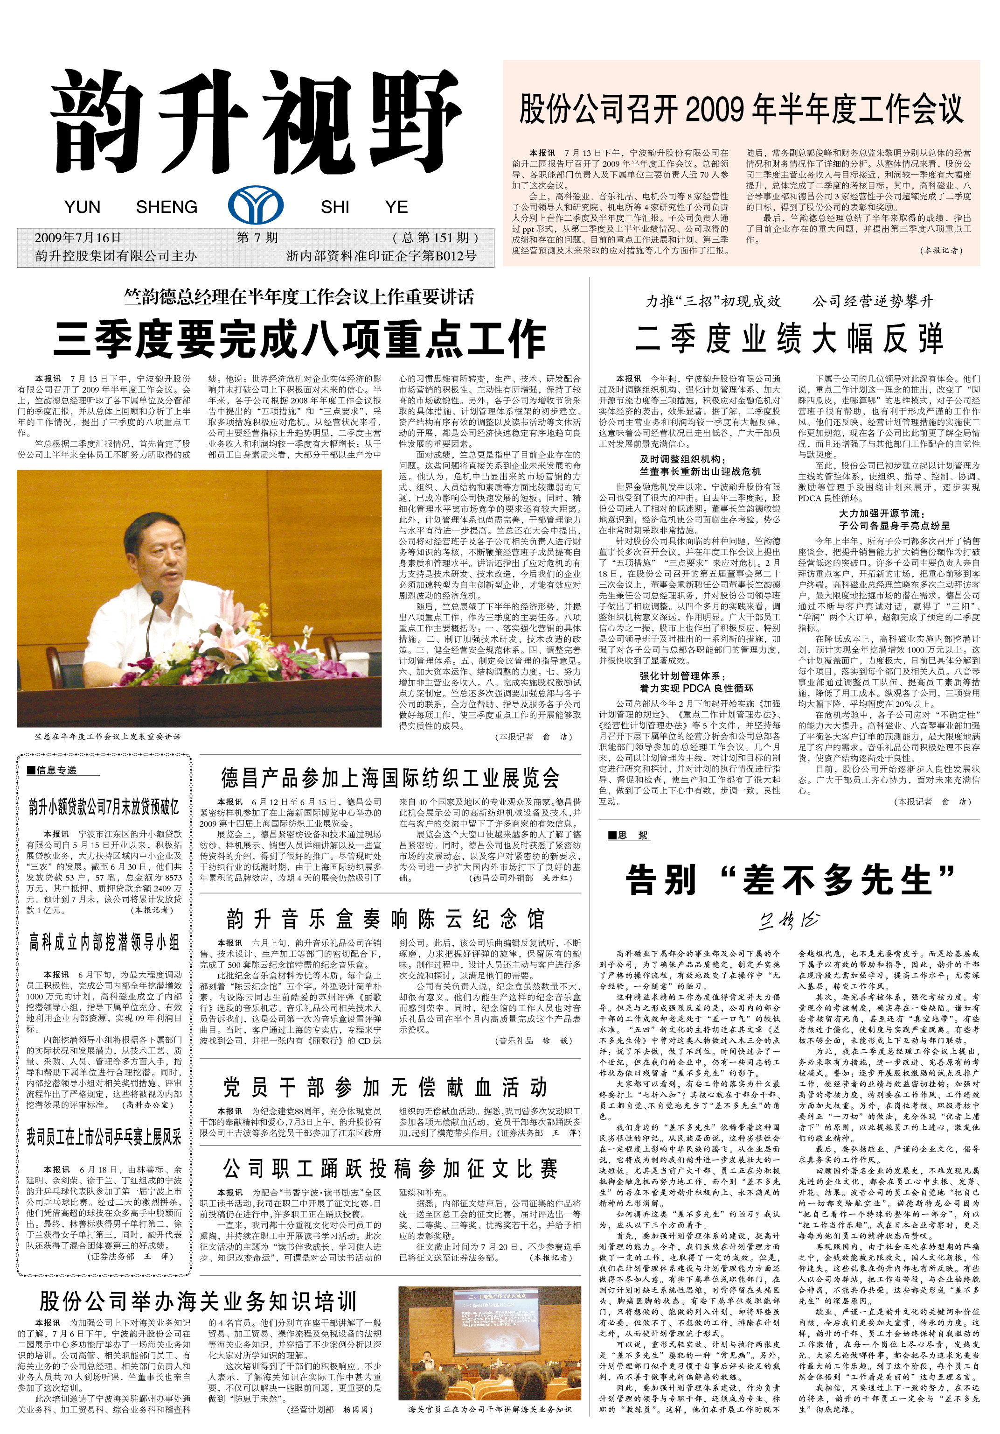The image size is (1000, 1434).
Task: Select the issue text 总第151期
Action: pyautogui.click(x=436, y=238)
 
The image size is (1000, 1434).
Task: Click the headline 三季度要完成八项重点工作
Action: pyautogui.click(x=299, y=339)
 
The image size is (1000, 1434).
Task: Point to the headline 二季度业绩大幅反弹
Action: pyautogui.click(x=789, y=340)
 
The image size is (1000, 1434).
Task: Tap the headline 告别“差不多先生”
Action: pyautogui.click(x=790, y=880)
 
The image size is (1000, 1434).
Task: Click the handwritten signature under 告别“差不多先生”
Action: pyautogui.click(x=789, y=920)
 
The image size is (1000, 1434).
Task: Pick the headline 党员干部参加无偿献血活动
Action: pyautogui.click(x=386, y=1087)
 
